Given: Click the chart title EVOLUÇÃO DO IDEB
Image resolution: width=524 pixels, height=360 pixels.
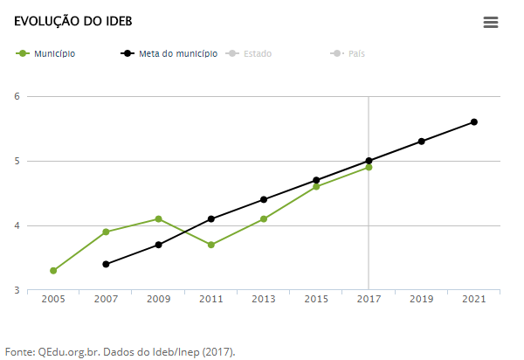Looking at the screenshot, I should point(60,20).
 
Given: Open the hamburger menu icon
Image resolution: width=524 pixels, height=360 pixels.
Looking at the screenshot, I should point(491,23).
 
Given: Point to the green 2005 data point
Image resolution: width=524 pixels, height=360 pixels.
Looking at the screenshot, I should point(53,271).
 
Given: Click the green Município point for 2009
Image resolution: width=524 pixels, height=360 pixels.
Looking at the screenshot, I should point(158,219).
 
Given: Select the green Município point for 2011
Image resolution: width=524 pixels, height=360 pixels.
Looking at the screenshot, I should point(211,245).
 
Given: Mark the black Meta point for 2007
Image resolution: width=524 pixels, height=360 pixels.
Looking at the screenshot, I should point(106,264).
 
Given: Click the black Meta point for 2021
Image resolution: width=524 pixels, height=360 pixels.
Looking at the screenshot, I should point(474,122).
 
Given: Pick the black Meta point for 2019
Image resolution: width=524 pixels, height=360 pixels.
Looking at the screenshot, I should point(421,142).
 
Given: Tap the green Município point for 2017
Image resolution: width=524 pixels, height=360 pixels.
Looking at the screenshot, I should point(369,167).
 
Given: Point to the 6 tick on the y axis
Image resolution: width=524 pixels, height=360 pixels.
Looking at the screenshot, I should point(17,96).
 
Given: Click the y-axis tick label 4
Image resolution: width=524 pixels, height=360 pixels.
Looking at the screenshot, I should point(17,225).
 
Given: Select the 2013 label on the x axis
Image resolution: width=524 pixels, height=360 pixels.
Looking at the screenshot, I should point(264,300).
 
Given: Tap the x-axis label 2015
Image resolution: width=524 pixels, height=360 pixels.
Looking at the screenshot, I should point(316,300).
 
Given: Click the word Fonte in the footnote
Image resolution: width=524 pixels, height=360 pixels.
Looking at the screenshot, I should point(18,352).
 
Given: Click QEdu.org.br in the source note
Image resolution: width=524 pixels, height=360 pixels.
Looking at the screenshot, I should point(68,352).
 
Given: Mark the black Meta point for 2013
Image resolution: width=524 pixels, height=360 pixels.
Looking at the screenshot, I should point(264,200).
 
